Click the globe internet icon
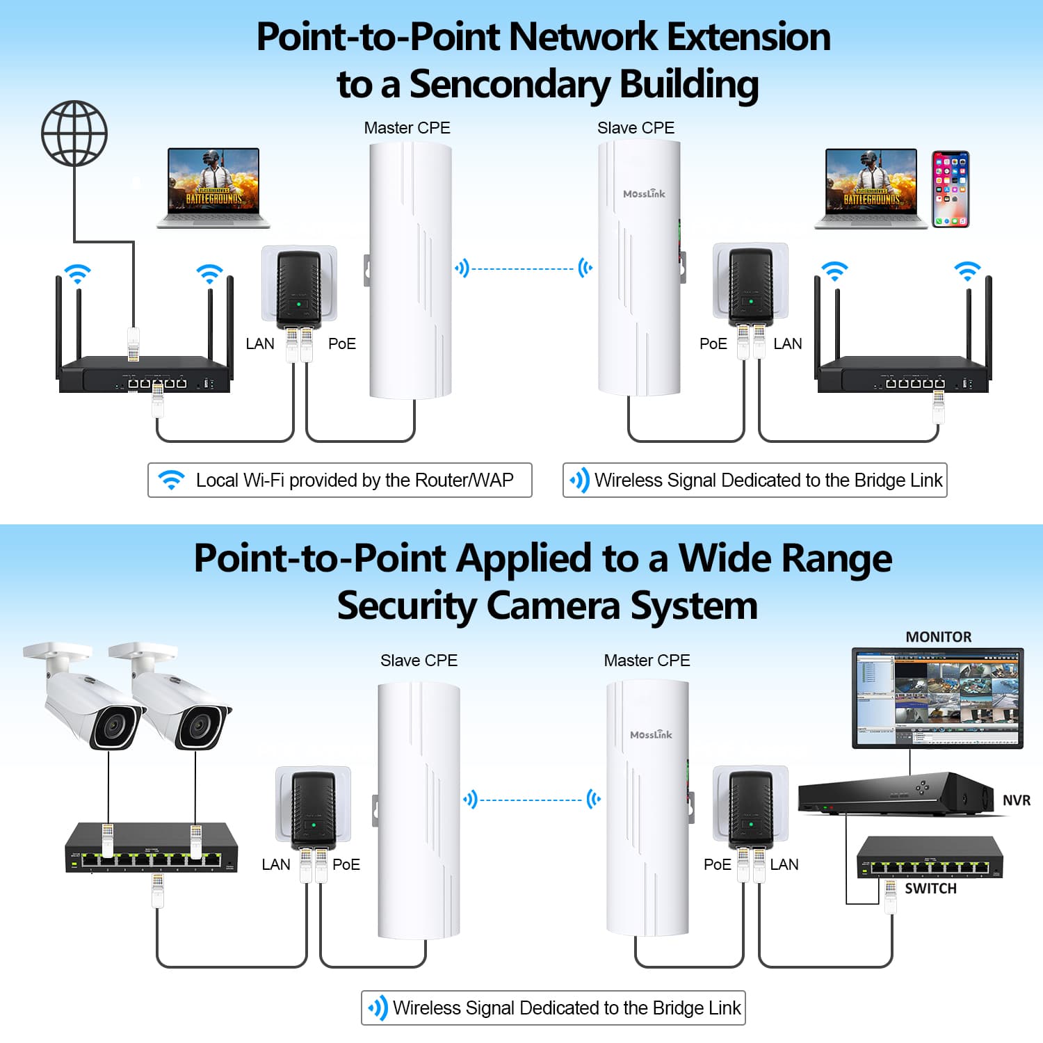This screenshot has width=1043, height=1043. (74, 133)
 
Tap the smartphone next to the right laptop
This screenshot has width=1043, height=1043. (950, 189)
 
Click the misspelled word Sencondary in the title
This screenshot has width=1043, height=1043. (510, 85)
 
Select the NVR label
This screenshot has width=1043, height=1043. (1016, 800)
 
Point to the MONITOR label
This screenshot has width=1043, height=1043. (938, 637)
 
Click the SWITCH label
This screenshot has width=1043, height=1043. (930, 889)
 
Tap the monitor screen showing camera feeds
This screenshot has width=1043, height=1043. (937, 697)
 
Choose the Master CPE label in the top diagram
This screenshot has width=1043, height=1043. (407, 128)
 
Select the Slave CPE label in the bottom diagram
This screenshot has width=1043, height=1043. (419, 661)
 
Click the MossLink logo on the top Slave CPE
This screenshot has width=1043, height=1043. (644, 194)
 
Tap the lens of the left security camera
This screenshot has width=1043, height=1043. (111, 726)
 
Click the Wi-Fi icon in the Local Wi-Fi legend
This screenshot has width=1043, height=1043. (171, 480)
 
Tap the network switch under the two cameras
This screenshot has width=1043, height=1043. (152, 846)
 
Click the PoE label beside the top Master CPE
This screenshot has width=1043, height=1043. (341, 343)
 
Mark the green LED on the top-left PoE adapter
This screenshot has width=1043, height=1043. (298, 304)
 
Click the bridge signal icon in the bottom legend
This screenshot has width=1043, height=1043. (378, 1008)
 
